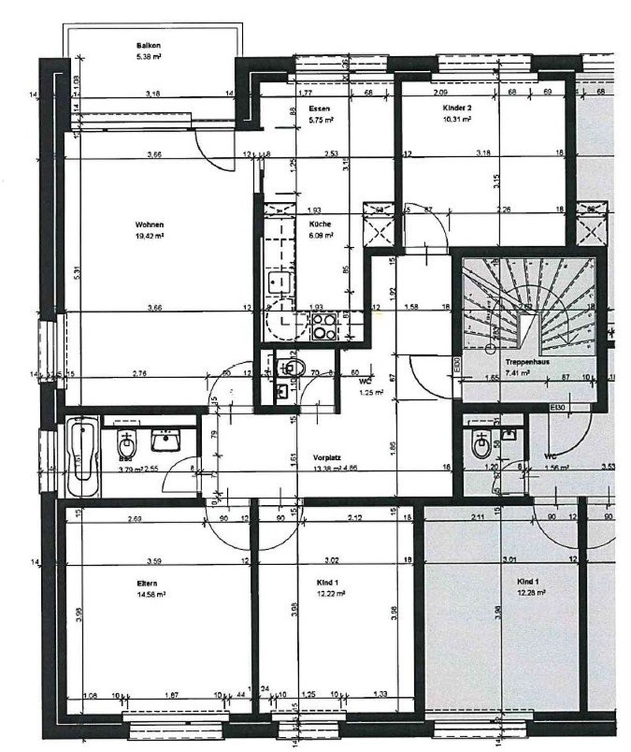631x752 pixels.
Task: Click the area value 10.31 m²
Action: [x=457, y=119]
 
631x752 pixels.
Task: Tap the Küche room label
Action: [x=319, y=224]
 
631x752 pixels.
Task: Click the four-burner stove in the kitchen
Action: [x=324, y=326]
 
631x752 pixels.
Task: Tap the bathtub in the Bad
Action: [x=80, y=458]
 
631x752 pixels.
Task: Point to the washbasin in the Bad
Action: [x=166, y=440]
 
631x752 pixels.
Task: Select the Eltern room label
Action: [x=147, y=584]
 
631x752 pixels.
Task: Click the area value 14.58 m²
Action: [x=147, y=594]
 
